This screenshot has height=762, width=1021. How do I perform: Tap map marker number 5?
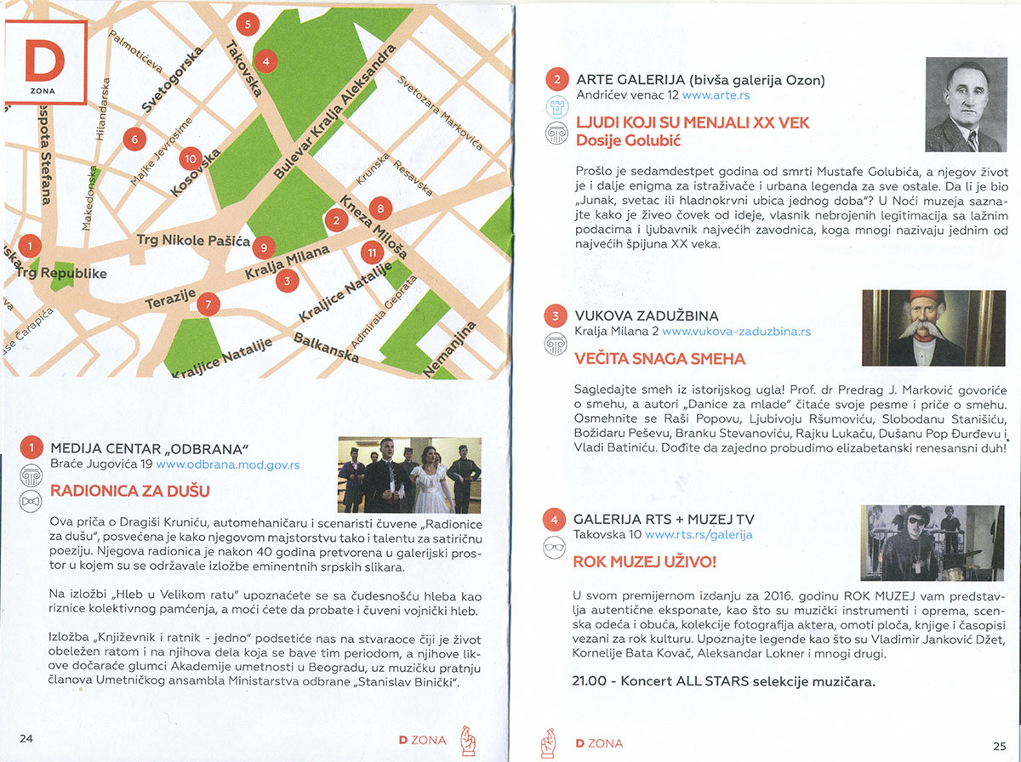248,24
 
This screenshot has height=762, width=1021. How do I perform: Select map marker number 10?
191,158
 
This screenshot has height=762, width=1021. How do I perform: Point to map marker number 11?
371,253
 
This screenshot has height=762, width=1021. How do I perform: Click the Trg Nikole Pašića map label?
194,242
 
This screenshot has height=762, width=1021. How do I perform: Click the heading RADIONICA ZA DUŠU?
130,491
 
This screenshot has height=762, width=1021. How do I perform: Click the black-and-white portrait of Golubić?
963,108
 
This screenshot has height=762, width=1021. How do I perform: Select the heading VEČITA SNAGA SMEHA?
659,359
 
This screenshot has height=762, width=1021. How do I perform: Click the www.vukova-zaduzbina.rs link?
736,332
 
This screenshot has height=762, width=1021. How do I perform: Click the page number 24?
26,738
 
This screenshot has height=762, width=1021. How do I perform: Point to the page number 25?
999,746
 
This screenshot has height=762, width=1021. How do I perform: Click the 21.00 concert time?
592,681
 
